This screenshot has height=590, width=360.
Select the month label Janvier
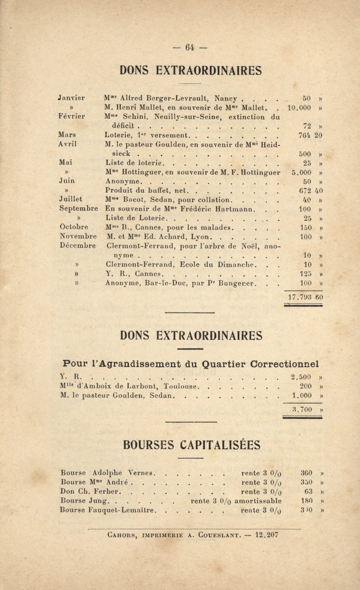72,98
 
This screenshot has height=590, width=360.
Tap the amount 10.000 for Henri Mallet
299,108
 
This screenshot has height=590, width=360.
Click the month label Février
72,116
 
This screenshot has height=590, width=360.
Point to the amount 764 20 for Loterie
311,135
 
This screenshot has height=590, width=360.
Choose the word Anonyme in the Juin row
123,181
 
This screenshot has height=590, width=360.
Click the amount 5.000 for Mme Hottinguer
299,172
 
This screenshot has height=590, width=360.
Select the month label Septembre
78,209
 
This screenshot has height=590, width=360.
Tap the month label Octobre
73,227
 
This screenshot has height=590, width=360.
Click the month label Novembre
78,237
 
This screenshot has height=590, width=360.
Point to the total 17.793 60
305,297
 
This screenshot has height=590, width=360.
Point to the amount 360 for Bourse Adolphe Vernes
307,473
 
